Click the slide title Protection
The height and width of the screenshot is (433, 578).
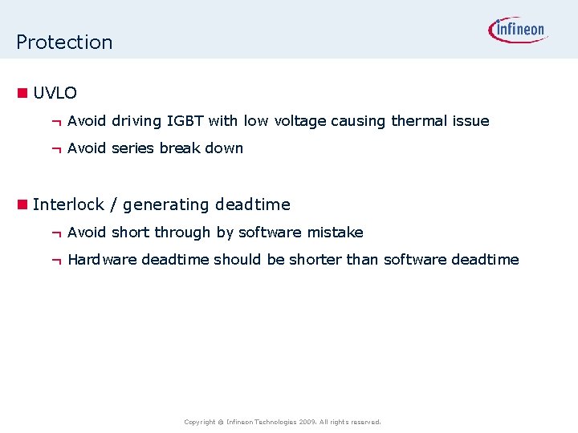(x=64, y=42)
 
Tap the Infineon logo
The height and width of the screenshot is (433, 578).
(x=518, y=30)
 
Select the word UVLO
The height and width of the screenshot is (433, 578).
(x=55, y=93)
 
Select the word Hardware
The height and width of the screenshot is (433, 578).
(x=102, y=260)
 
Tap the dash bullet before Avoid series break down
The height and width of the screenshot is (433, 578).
(x=56, y=149)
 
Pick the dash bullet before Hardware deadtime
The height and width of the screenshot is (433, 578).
(x=56, y=261)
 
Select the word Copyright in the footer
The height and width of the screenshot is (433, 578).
(x=199, y=422)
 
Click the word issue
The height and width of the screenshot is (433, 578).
(x=470, y=121)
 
